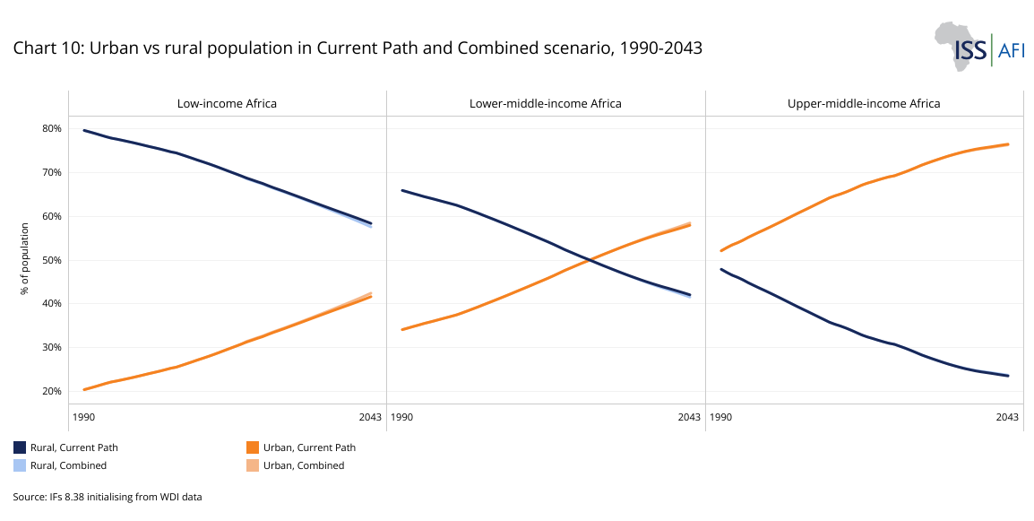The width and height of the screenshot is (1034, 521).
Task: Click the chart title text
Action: (x=358, y=48)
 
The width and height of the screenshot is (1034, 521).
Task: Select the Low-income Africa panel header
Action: (x=227, y=103)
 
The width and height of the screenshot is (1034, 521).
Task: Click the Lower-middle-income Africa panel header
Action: (x=545, y=103)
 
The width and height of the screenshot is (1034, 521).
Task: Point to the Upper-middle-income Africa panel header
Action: (x=864, y=103)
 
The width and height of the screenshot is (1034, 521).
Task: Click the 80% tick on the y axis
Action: (x=52, y=128)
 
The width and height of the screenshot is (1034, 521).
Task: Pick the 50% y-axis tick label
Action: (x=52, y=260)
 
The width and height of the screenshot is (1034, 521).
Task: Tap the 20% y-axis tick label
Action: (x=52, y=391)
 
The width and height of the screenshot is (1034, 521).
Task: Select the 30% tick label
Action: (x=52, y=347)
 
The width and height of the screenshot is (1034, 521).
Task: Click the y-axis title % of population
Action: (x=25, y=260)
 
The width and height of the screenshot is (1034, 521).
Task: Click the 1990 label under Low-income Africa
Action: (x=83, y=417)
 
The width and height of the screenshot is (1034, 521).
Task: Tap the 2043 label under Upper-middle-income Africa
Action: (x=1007, y=417)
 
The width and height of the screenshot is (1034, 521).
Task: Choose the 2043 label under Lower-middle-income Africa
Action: (x=688, y=417)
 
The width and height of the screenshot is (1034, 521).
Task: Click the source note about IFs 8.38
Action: (x=108, y=496)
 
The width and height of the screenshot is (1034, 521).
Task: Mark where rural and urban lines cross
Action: (x=588, y=260)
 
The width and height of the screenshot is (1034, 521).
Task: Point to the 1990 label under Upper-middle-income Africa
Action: (x=719, y=417)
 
